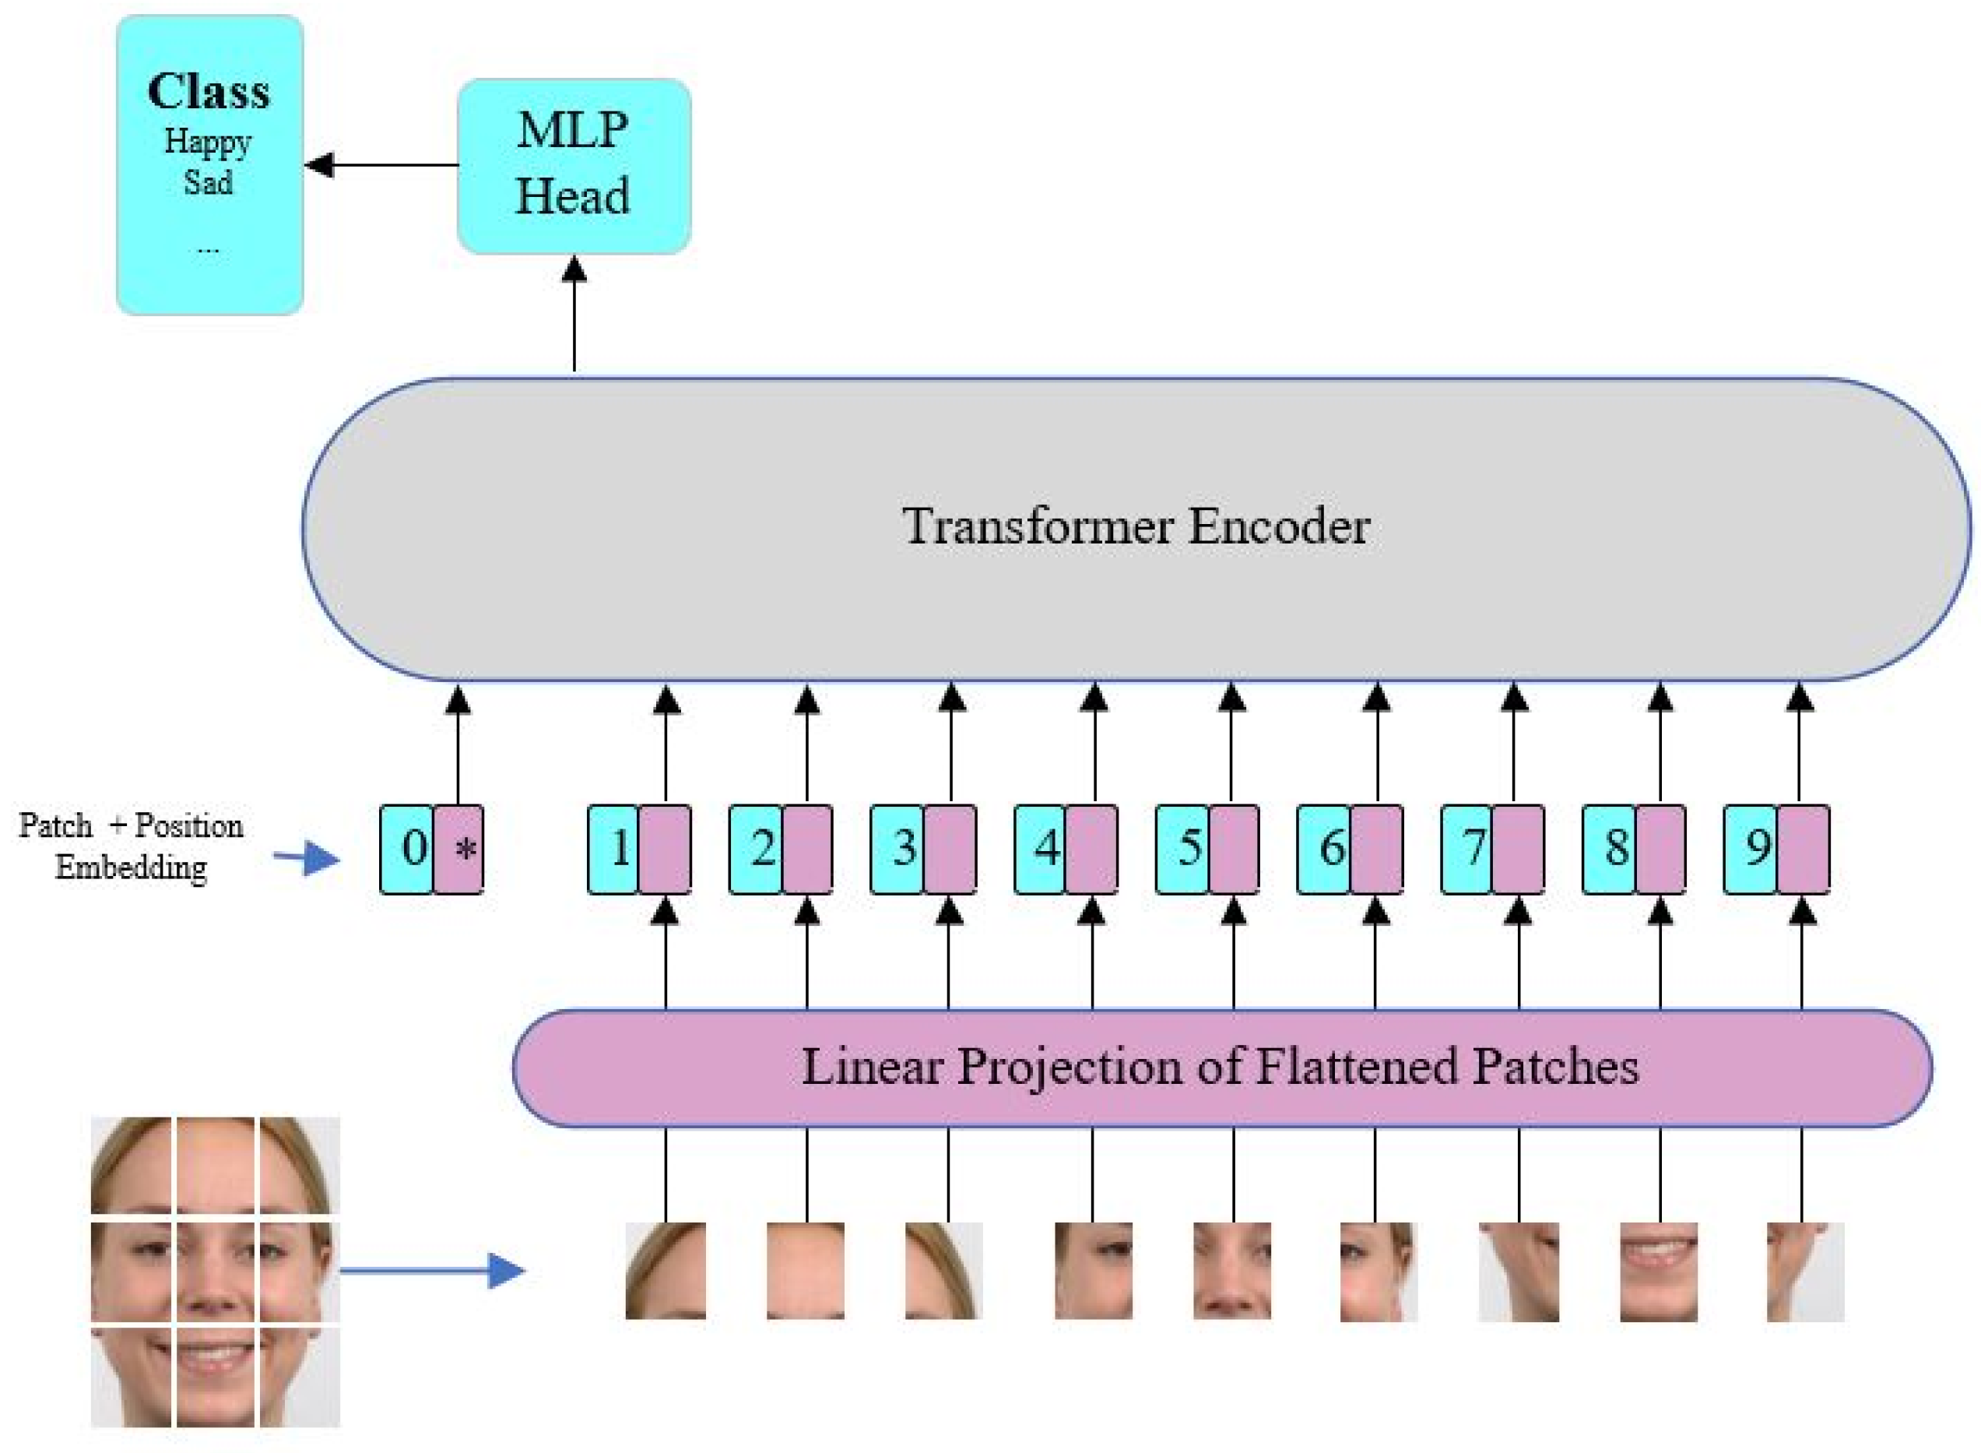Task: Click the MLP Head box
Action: coord(574,165)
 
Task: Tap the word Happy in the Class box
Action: coord(208,141)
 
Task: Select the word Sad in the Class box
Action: coord(208,182)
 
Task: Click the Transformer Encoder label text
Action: coord(1134,526)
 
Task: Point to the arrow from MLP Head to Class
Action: coord(382,164)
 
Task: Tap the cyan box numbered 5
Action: coord(1182,849)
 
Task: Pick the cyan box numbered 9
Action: coord(1751,849)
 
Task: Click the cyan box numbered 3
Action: coord(897,849)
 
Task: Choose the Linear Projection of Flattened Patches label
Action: coord(1220,1067)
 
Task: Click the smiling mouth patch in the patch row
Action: coord(1657,1270)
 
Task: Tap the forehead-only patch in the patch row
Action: coord(806,1270)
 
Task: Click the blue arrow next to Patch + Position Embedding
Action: coord(306,857)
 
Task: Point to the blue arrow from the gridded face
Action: coord(431,1270)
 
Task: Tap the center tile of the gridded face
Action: coord(216,1270)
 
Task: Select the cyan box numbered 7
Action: coord(1467,849)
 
